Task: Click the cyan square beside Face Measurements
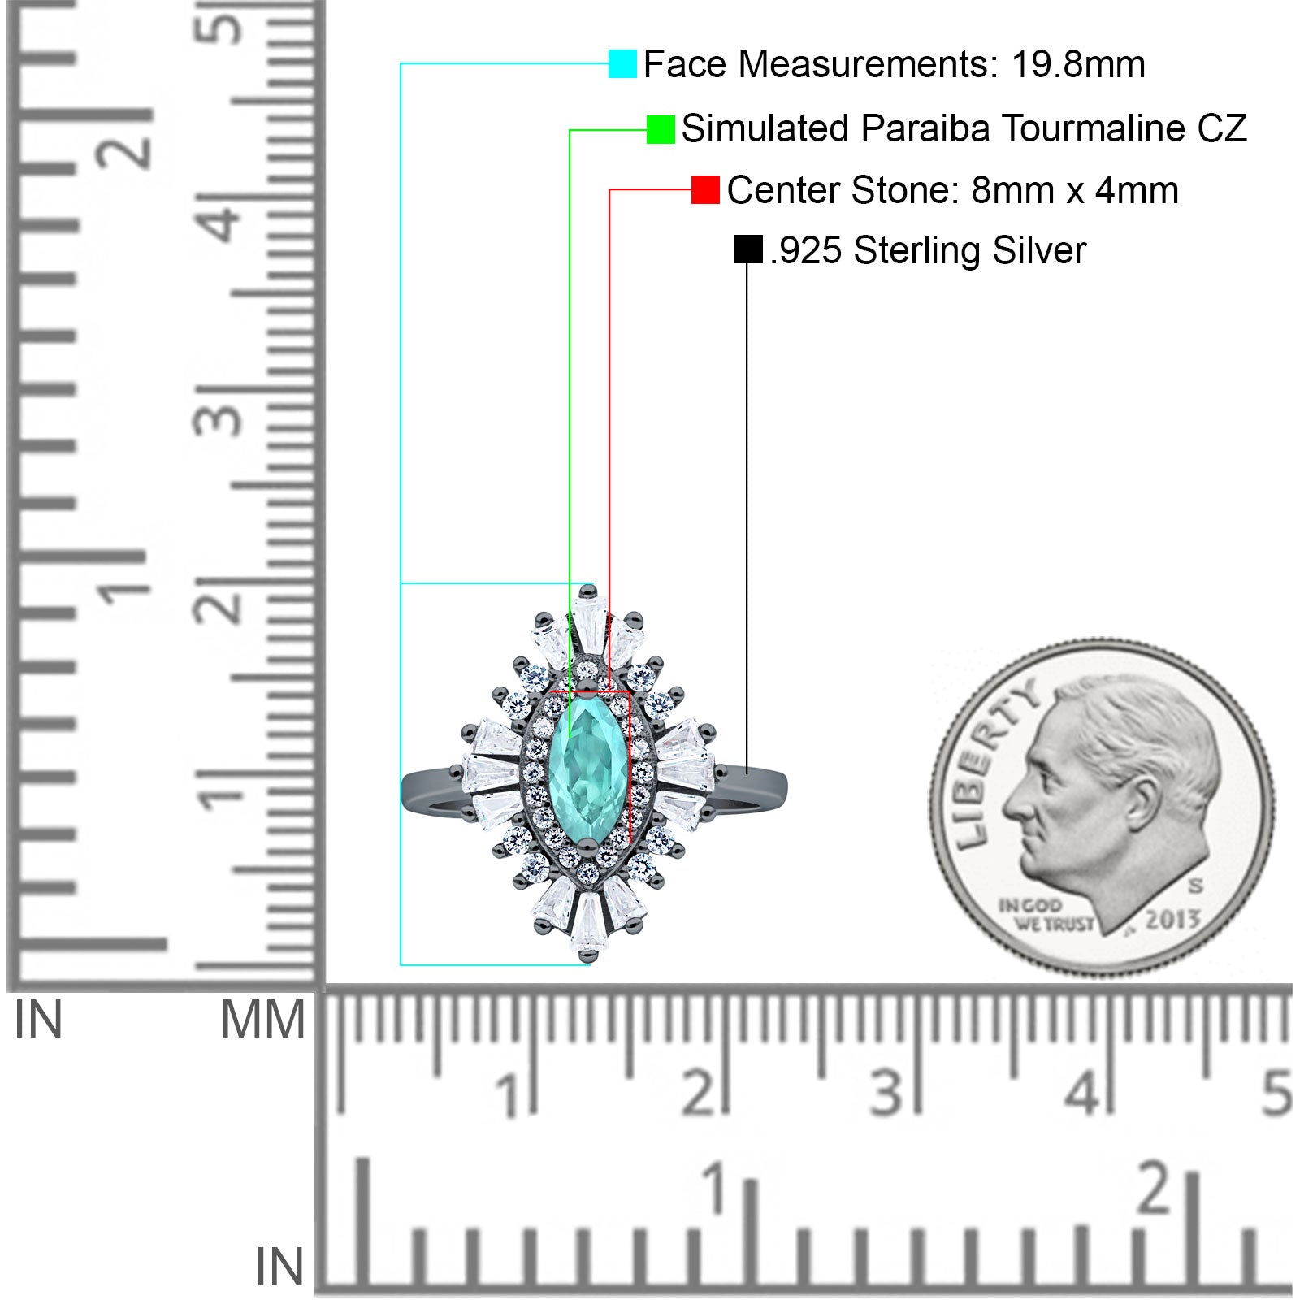[x=622, y=64]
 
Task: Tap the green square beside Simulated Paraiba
[x=661, y=129]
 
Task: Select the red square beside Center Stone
[x=705, y=190]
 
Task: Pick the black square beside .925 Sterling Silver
[x=747, y=249]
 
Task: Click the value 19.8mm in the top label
[x=1078, y=64]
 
